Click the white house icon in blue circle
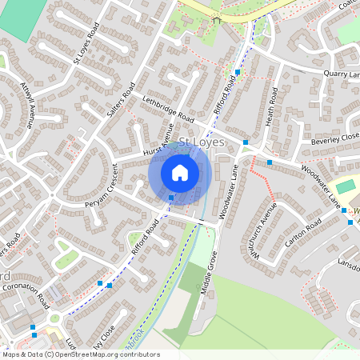pos(180,172)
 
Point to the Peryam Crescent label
pos(102,186)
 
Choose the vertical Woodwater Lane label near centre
pos(230,188)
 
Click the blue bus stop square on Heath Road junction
pos(246,142)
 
